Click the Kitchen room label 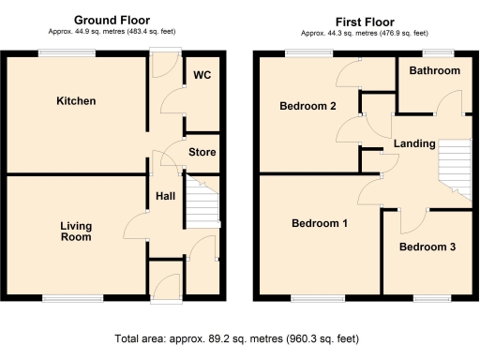76,100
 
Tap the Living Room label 76,232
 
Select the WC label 202,75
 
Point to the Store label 202,152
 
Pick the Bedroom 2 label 308,106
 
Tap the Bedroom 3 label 427,247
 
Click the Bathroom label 434,71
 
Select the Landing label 413,143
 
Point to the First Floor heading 366,20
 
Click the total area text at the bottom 240,338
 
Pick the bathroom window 434,52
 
